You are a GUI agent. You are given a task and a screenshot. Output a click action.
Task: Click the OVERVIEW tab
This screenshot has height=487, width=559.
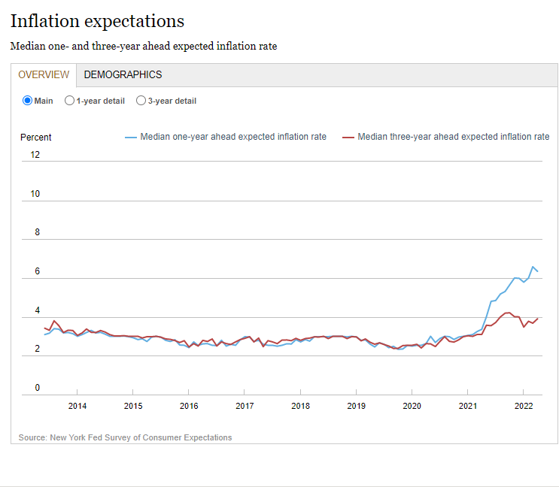(x=44, y=74)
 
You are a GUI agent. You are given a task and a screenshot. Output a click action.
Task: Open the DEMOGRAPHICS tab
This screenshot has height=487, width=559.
(x=123, y=74)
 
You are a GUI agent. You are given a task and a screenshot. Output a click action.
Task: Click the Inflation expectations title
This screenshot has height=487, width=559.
(x=97, y=21)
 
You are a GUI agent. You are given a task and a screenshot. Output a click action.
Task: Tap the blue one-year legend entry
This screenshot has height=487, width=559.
(x=226, y=137)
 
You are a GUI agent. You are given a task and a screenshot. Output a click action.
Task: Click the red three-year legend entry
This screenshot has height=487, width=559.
(x=445, y=137)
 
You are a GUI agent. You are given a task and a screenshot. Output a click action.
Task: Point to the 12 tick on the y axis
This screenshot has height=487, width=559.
(x=35, y=155)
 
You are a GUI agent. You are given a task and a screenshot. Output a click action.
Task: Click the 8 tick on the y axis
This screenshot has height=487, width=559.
(x=35, y=233)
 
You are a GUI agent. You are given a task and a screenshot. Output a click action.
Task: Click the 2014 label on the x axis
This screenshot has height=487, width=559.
(x=77, y=407)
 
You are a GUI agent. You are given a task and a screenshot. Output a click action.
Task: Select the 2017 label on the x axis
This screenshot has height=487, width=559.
(x=245, y=407)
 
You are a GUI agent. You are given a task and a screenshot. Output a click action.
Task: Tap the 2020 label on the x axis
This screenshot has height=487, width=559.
(x=412, y=407)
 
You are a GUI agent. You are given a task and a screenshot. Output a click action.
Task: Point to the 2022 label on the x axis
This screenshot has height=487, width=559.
(x=524, y=407)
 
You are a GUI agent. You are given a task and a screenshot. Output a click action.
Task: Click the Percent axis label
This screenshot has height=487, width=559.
(x=36, y=138)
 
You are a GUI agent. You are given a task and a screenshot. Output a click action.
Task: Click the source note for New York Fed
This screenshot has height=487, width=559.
(x=125, y=437)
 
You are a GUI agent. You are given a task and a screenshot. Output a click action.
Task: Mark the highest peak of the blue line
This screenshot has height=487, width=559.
(x=533, y=267)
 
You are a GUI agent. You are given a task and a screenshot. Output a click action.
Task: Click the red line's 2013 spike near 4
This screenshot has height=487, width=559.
(x=54, y=321)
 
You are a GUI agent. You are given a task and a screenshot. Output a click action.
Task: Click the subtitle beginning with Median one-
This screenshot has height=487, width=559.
(x=144, y=46)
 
